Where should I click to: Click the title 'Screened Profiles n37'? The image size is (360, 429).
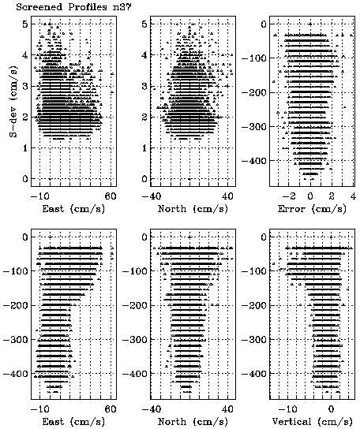point(73,7)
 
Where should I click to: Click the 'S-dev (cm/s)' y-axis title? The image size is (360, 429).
point(13,101)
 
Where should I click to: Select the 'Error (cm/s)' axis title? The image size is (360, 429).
point(312,209)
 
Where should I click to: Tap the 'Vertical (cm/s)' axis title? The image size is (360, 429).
point(312,422)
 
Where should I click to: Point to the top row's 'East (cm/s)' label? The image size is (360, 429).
point(73,209)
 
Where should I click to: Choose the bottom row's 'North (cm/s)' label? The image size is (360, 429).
point(193,422)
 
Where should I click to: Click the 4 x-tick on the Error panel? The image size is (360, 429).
point(353,196)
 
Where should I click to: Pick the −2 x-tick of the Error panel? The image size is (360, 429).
point(289,196)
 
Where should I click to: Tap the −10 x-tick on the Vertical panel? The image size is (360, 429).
point(287,409)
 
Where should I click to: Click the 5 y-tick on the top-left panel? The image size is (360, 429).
point(25,24)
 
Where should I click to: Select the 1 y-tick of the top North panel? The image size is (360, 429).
point(145,148)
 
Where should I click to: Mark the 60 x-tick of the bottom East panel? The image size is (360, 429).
point(111,409)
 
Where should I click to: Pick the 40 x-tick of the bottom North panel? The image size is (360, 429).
point(227,409)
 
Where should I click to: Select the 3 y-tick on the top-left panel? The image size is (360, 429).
point(25,86)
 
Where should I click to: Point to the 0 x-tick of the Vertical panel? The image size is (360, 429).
point(332,409)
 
